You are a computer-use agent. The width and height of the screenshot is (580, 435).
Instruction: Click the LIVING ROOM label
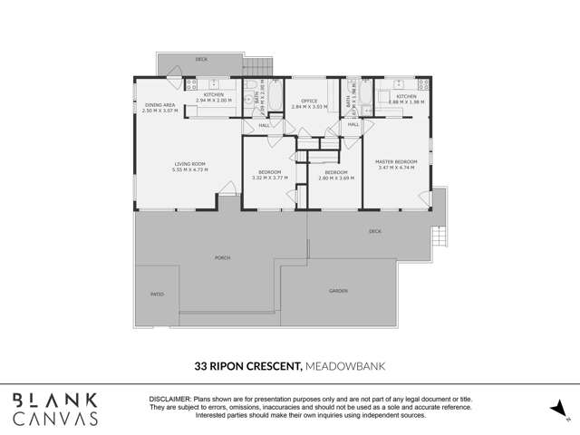(x=191, y=167)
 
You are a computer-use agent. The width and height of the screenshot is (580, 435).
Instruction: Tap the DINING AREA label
(x=160, y=107)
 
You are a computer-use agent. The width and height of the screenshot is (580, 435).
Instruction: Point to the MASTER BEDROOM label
(x=396, y=164)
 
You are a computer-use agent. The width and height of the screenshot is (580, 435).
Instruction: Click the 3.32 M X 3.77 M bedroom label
(x=269, y=175)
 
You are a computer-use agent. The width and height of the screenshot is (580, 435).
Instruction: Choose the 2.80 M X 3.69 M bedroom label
(x=335, y=175)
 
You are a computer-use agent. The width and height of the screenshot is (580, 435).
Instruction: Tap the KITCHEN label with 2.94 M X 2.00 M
(x=214, y=97)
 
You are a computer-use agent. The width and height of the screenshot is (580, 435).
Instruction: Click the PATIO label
(x=157, y=295)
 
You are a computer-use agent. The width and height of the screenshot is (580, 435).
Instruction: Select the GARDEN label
(x=338, y=291)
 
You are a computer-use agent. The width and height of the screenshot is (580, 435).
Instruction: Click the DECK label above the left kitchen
(x=200, y=60)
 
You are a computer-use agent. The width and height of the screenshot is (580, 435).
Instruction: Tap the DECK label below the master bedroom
(x=375, y=231)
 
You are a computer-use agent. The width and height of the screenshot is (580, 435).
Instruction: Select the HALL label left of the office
(x=264, y=125)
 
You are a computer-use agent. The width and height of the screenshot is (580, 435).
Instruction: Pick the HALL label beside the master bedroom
(x=353, y=124)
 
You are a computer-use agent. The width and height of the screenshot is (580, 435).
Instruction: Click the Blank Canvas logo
(x=56, y=409)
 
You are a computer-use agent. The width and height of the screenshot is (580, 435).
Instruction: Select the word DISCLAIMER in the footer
(x=169, y=399)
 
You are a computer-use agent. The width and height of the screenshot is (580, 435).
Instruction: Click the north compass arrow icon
(x=557, y=410)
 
